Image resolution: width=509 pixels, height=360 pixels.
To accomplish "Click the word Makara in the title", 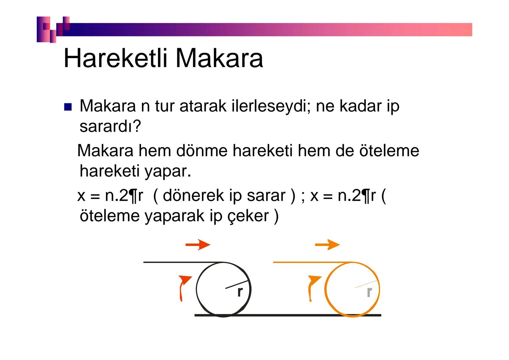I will click(x=219, y=58).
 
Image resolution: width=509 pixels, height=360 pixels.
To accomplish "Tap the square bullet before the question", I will click(x=68, y=107).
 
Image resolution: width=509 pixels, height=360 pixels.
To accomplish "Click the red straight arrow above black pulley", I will click(x=198, y=245).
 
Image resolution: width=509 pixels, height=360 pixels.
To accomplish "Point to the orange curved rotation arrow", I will click(x=313, y=287).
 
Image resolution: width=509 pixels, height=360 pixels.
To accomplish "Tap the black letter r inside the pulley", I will click(x=240, y=292).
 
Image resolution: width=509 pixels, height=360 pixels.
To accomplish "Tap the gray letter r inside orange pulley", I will click(x=369, y=292).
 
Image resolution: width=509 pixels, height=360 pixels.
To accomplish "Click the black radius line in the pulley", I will click(x=237, y=284).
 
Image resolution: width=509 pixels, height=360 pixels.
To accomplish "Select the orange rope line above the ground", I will click(x=312, y=262).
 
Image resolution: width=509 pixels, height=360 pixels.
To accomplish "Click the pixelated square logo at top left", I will click(x=53, y=29).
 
